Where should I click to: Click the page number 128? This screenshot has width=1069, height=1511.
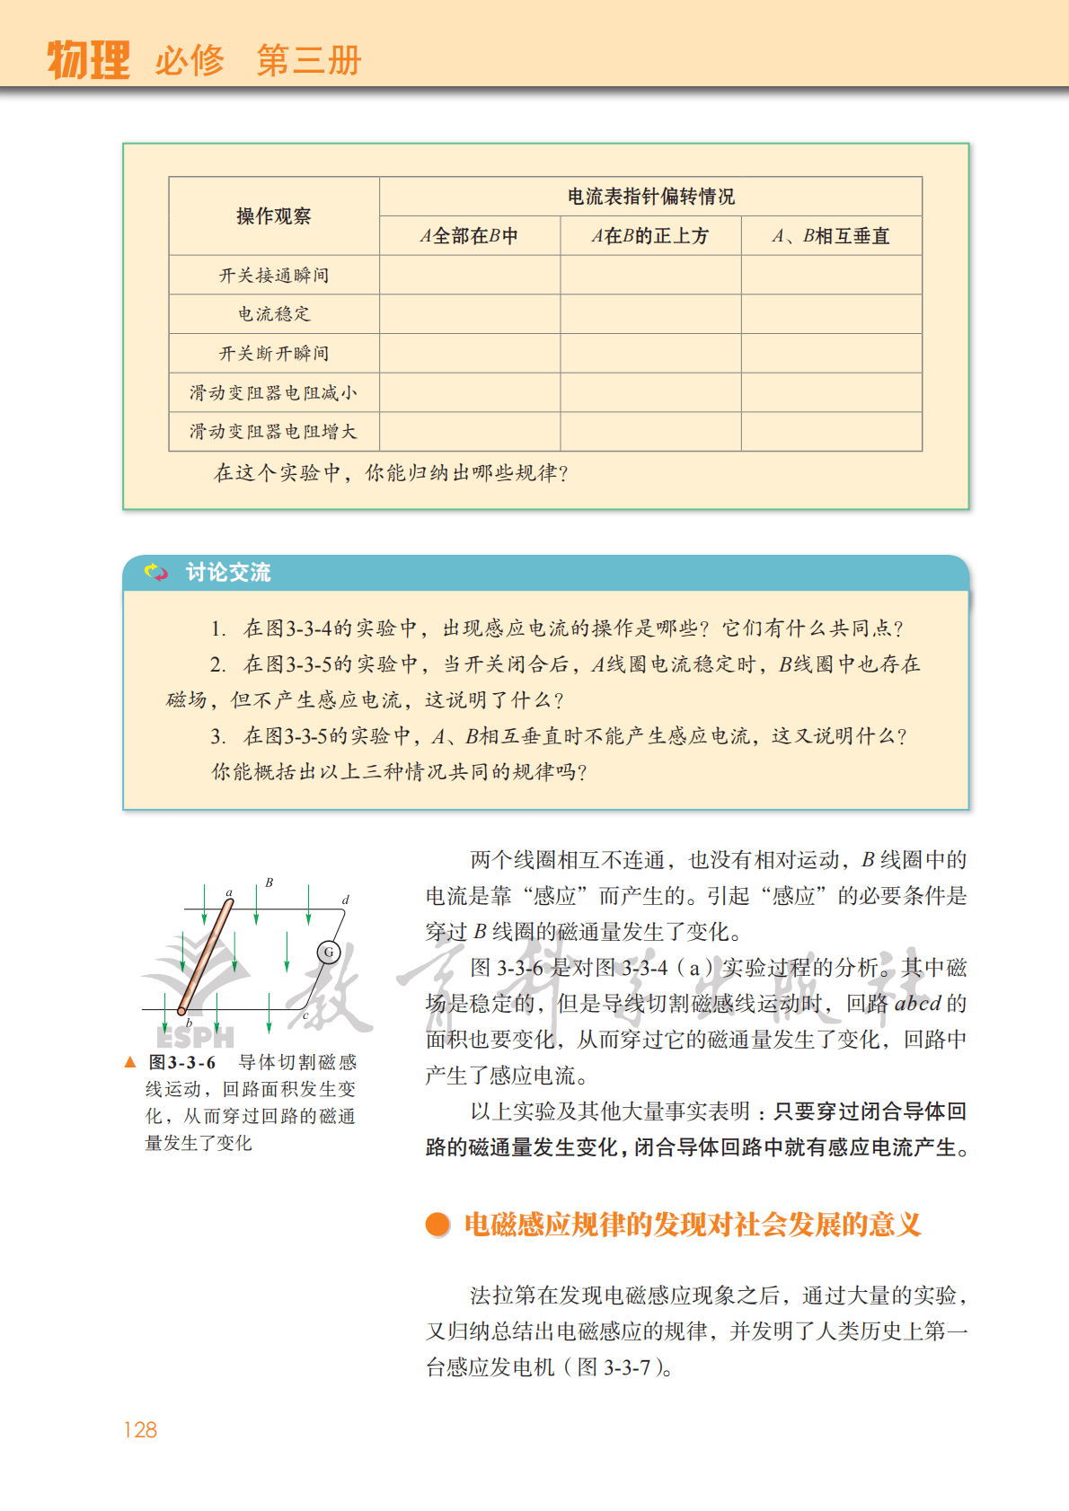140,1430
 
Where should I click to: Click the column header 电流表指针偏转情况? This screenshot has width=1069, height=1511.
650,197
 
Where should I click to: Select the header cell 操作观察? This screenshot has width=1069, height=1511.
273,216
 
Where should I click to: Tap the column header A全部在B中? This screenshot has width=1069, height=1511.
469,236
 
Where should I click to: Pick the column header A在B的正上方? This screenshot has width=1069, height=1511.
650,236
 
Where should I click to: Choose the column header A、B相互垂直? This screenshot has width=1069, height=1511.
831,236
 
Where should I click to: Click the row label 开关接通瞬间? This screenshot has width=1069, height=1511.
273,276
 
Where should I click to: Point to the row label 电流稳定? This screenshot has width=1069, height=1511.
273,314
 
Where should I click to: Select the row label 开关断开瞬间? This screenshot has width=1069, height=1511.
273,354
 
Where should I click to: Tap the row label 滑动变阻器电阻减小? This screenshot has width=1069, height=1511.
273,393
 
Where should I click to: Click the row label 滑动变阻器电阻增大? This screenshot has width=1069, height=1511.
273,432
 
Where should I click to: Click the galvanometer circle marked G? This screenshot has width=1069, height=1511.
329,952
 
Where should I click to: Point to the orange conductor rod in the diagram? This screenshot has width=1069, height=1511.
206,957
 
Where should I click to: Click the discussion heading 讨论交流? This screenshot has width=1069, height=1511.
227,573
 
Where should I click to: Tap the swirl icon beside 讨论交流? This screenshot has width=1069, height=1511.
156,573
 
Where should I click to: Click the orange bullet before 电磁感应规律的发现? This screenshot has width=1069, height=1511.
437,1225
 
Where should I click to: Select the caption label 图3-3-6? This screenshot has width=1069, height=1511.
182,1063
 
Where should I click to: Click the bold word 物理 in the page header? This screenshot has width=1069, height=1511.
88,60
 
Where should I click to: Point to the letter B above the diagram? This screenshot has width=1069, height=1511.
269,883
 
